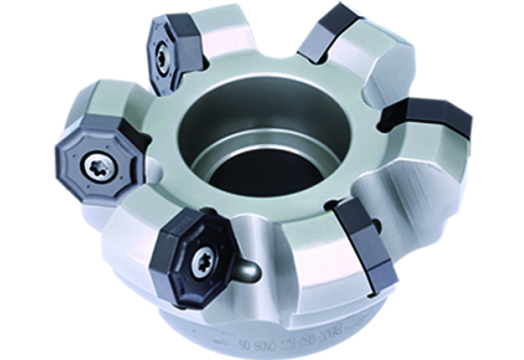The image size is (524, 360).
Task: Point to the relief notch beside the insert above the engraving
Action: pos(332,206)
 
